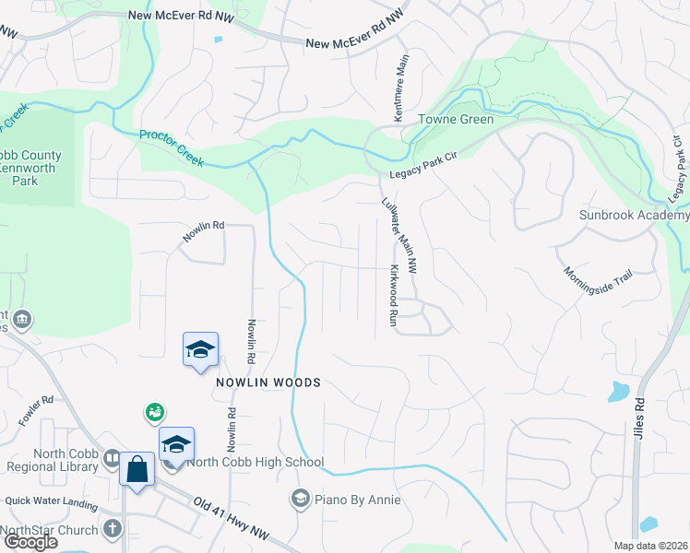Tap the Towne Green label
pos(456,120)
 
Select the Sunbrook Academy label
pos(634,215)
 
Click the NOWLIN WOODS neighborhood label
pos(268,382)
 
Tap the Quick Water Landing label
pos(51,501)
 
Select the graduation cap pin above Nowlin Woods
pos(200,349)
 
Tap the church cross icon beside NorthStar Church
pos(113,529)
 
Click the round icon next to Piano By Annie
pos(299,500)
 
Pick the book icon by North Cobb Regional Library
pos(111,458)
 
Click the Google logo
pos(30,543)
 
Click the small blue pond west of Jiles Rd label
pos(616,391)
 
